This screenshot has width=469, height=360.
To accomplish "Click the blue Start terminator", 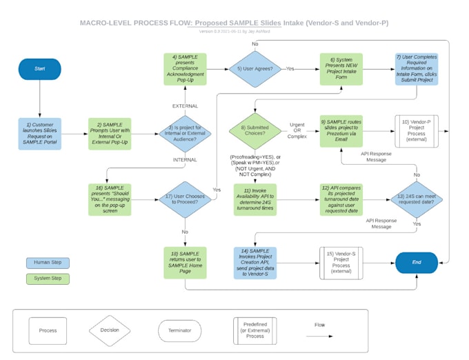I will click(x=40, y=69).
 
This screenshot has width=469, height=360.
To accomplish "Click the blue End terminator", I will click(x=416, y=263).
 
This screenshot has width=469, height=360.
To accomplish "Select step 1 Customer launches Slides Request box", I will click(x=40, y=133).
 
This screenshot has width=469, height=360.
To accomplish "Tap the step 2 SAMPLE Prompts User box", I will click(x=109, y=133).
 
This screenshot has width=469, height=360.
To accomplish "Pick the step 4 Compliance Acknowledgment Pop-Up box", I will click(x=185, y=69).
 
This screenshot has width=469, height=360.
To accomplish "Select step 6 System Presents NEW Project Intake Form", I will click(x=341, y=69).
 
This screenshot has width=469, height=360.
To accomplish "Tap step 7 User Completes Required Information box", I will click(x=416, y=69).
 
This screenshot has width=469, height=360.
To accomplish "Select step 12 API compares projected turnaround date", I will click(x=341, y=200).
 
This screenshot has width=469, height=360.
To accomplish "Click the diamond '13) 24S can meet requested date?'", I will click(x=416, y=200).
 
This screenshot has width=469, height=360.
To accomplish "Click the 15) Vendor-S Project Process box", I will click(x=341, y=263).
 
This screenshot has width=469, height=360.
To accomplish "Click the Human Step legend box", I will click(x=48, y=263).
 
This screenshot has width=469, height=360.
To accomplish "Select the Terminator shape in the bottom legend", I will click(x=179, y=331).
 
